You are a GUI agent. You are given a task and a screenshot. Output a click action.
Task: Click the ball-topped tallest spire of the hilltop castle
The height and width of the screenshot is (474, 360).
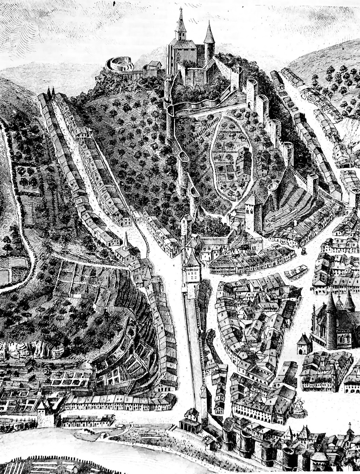tap(180, 18)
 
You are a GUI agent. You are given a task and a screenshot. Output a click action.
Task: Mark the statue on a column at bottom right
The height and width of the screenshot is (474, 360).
tap(350, 427)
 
